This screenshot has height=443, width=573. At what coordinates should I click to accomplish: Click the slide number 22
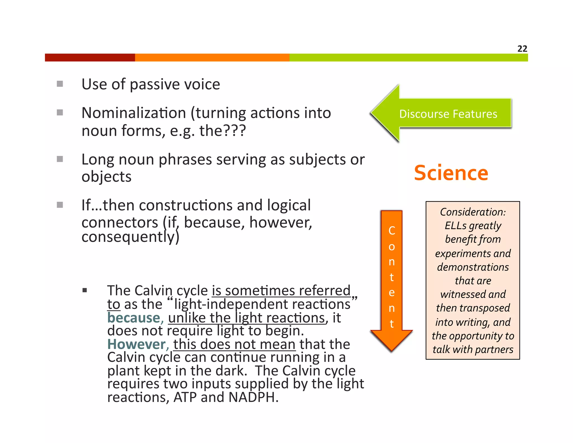(522, 49)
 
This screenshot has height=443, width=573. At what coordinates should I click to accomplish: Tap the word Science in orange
(451, 173)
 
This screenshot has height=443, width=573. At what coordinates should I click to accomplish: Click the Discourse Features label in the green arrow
(448, 114)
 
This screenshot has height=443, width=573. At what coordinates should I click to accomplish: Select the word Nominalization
(134, 113)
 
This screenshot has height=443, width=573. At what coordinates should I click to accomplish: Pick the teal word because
(134, 318)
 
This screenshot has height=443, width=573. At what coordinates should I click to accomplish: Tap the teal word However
(137, 344)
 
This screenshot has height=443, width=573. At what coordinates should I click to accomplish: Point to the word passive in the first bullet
(154, 85)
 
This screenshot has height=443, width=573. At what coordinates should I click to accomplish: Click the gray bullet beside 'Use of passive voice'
(60, 84)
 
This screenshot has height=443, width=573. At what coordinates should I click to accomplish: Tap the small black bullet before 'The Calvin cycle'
(85, 290)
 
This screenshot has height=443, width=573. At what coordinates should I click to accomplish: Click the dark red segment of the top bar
(90, 58)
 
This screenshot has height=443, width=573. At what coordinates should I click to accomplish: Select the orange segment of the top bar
(212, 58)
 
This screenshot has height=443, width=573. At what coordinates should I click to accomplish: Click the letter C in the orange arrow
(392, 231)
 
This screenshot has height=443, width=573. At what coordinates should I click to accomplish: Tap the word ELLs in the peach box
(455, 226)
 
